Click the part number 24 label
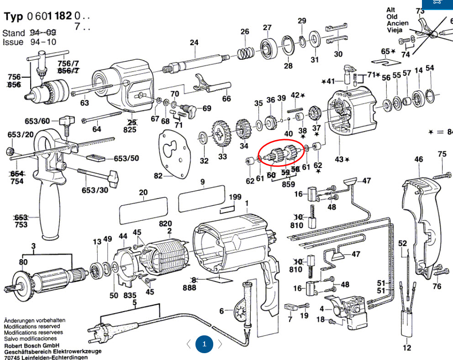194,42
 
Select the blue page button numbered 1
204,344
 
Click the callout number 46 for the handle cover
418,159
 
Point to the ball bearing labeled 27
268,47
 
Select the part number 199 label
235,197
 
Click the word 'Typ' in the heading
14,16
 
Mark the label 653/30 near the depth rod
95,190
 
